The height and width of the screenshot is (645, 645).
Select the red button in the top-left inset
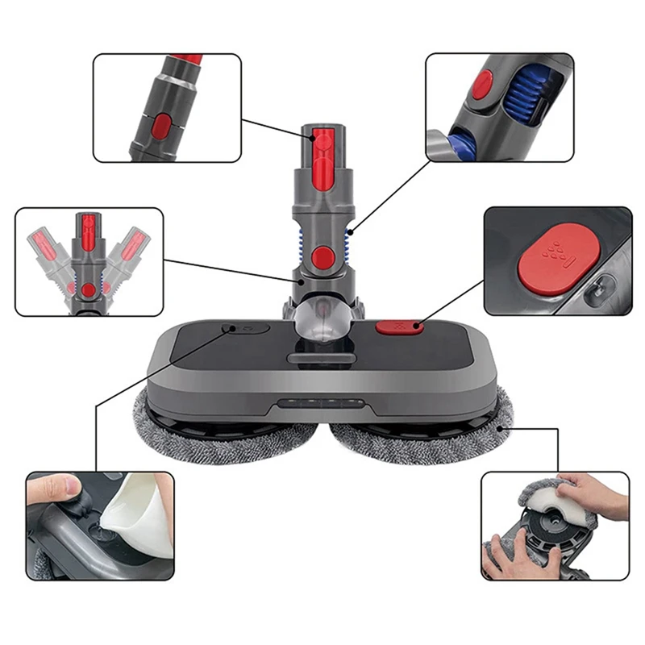(x=162, y=126)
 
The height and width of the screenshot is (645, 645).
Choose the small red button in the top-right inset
(x=482, y=84)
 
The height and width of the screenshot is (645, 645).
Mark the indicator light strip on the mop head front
(x=322, y=405)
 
